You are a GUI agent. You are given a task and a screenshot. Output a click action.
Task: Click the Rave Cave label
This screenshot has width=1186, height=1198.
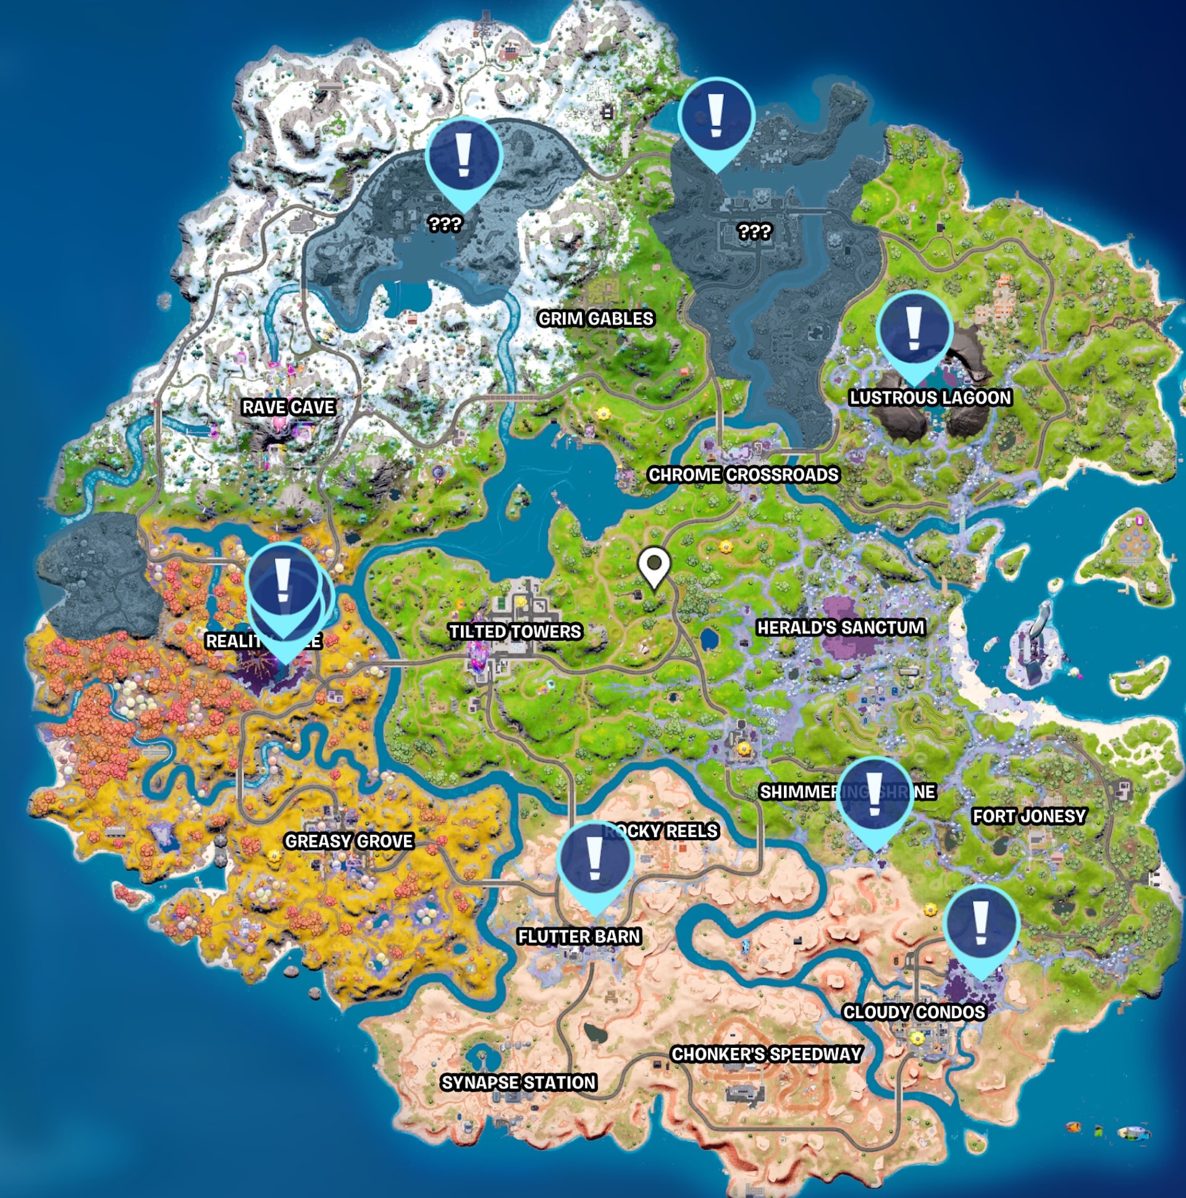(x=288, y=407)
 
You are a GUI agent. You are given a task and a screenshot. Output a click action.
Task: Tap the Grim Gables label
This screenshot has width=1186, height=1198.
(x=595, y=319)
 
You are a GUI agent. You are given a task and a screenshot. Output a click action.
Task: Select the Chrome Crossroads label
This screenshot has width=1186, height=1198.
(x=742, y=475)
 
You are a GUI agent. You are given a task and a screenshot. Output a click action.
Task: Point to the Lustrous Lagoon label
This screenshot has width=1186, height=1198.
(x=930, y=397)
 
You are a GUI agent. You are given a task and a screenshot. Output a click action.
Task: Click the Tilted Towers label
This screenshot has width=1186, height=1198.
(x=515, y=632)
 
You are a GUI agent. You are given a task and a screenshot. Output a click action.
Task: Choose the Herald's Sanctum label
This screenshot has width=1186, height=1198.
(x=841, y=628)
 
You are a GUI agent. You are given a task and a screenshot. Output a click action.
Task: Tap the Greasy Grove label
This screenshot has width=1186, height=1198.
(x=348, y=842)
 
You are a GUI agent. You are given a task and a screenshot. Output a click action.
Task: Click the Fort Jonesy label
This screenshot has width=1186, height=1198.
(x=1029, y=816)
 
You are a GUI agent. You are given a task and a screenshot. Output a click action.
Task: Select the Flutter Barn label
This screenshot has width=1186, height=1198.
(x=579, y=936)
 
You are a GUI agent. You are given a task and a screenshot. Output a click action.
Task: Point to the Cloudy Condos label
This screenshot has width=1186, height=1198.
(x=914, y=1013)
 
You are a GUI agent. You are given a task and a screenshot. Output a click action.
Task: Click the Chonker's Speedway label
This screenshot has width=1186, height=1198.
(x=767, y=1054)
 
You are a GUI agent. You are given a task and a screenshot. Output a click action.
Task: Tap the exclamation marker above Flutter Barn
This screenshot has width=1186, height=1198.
(x=595, y=862)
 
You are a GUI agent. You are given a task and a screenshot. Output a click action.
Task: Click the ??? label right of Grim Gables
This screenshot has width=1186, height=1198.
(x=754, y=232)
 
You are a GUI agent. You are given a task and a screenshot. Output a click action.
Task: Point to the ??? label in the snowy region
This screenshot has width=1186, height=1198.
(x=445, y=224)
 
